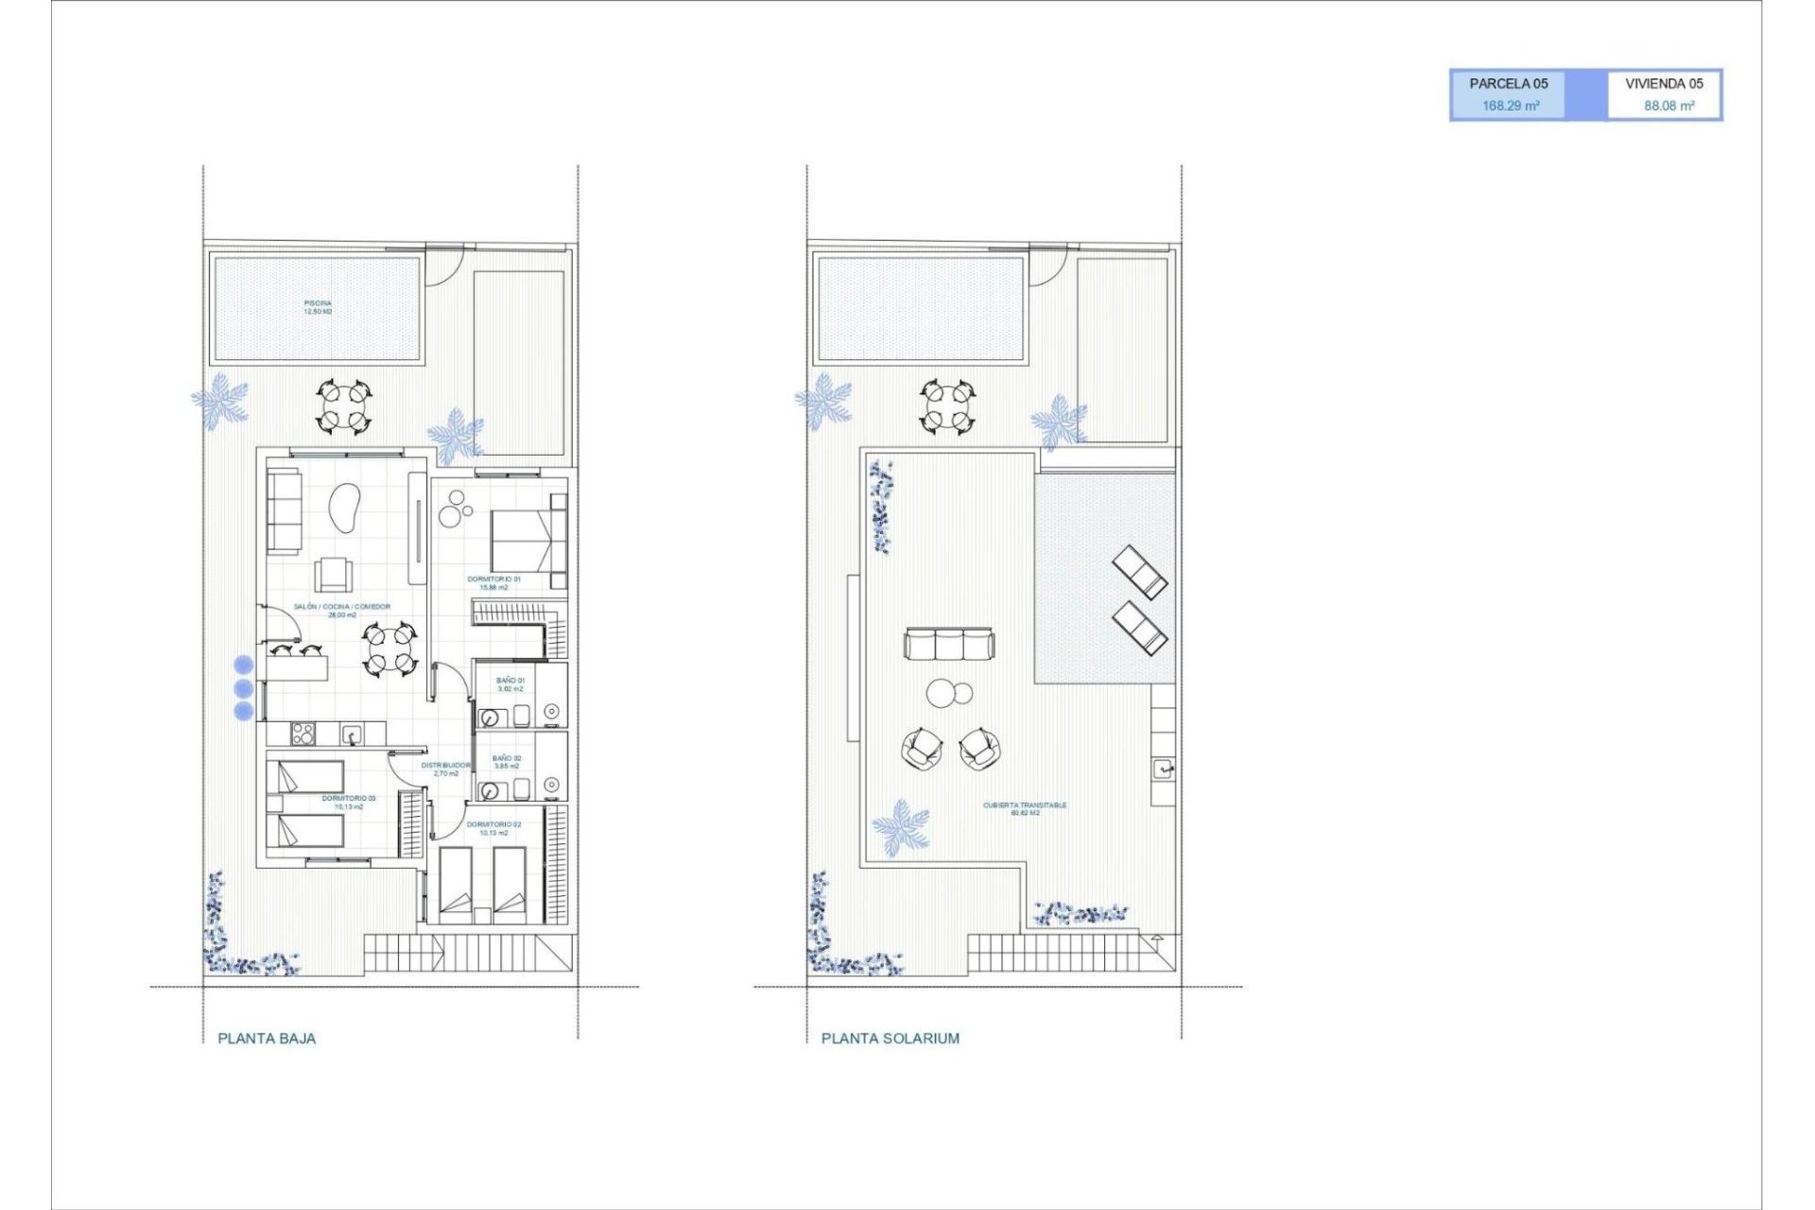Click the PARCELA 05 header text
pos(1508,83)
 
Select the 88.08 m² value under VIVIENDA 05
pos(1668,106)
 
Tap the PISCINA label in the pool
pos(318,304)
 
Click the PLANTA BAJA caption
pos(267,1038)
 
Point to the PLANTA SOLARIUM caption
pos(890,1038)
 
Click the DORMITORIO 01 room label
pos(493,579)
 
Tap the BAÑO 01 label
pos(510,681)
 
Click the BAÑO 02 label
pos(507,758)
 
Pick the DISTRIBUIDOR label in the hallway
pos(445,766)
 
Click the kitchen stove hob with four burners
pos(302,734)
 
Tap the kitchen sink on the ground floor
pos(350,734)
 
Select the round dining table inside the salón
pos(389,649)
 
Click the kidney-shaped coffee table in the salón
pos(345,508)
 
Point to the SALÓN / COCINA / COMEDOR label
pos(341,607)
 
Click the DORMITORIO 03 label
pos(348,799)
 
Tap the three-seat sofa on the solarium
pos(948,645)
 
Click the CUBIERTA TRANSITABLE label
pos(1025,805)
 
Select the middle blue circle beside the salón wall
pos(244,688)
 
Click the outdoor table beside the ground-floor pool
pos(342,406)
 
